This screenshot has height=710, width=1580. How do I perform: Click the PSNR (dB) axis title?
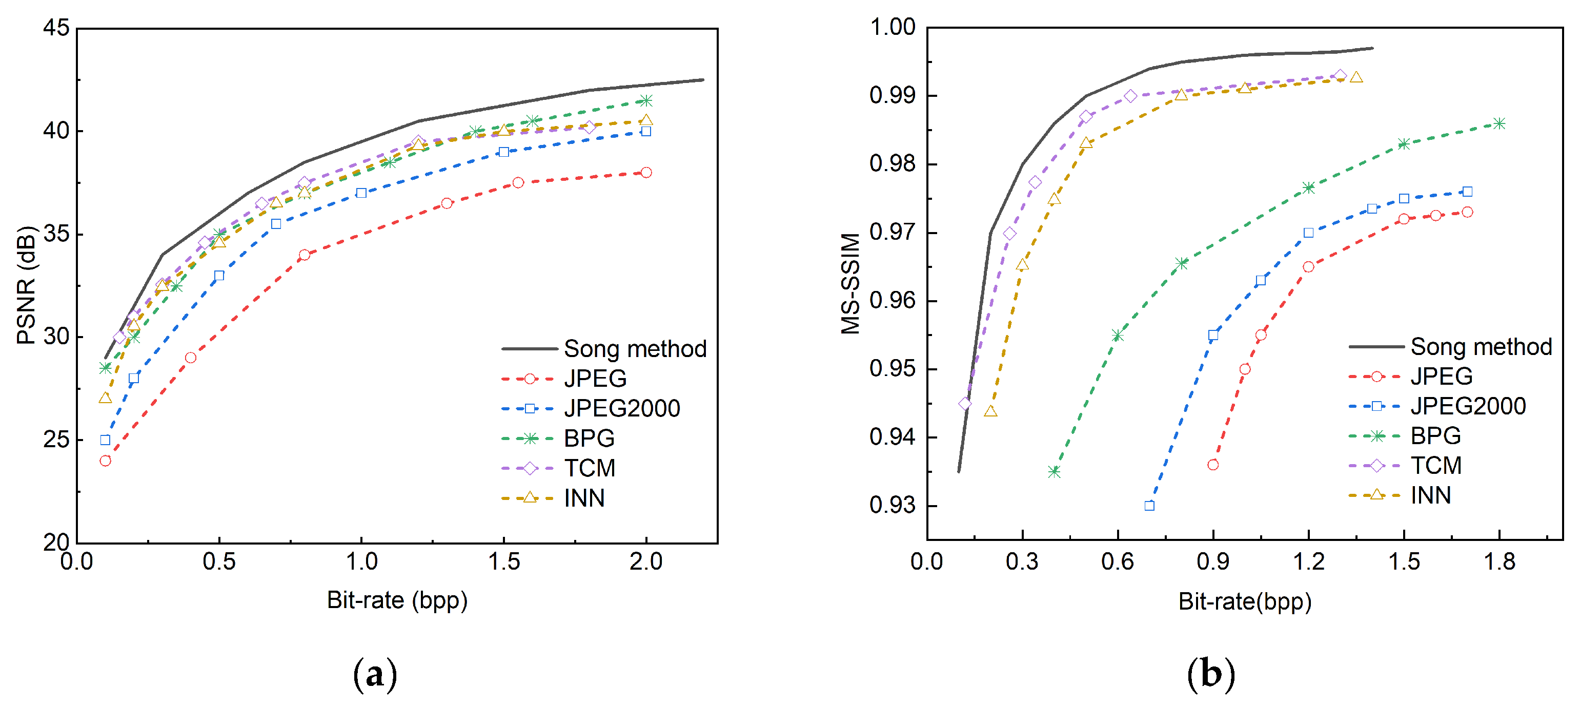26,285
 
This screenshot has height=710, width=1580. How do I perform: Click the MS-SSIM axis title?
850,283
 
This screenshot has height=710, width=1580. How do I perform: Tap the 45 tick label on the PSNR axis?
56,28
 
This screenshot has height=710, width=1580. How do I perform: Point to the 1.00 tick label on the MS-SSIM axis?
893,27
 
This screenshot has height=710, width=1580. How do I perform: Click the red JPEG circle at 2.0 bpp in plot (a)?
646,172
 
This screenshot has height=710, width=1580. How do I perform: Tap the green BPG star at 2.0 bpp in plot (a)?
646,100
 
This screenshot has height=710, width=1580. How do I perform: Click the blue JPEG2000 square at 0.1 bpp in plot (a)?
106,440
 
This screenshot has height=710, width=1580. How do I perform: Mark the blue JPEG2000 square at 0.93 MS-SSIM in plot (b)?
1149,505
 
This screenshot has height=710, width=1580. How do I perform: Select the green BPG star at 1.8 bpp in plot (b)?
1499,123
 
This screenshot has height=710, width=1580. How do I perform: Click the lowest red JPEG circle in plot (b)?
1212,465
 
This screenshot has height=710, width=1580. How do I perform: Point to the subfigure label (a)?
375,675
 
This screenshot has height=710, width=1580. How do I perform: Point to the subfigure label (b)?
1211,675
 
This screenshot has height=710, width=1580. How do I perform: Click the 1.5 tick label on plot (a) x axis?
503,561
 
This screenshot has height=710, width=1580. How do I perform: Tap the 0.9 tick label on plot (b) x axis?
1212,561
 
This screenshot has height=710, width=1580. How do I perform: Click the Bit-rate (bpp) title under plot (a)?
397,600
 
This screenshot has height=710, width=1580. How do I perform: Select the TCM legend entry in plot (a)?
589,468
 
